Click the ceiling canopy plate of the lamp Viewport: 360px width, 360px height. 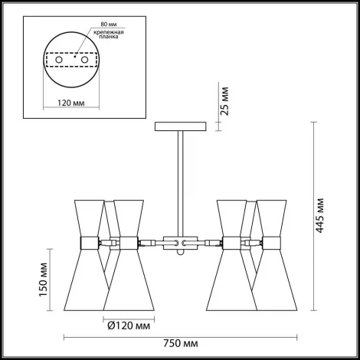pyautogui.click(x=182, y=125)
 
